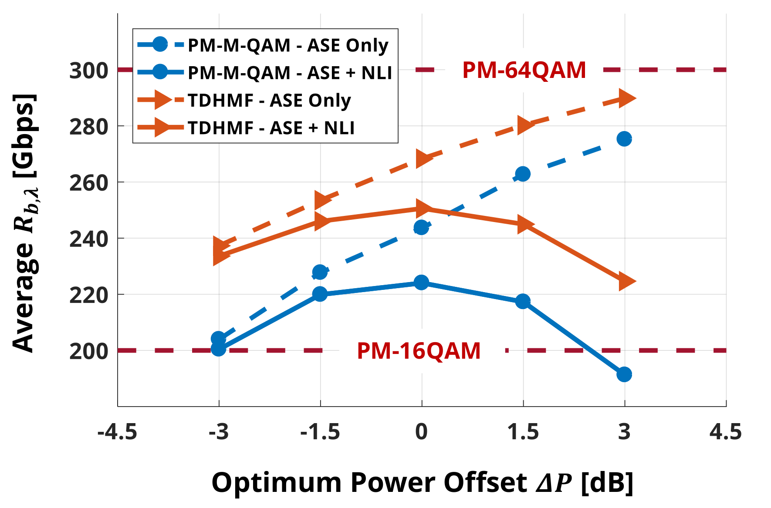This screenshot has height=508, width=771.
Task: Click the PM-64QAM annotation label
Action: (x=524, y=70)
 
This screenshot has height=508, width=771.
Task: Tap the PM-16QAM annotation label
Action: (x=419, y=351)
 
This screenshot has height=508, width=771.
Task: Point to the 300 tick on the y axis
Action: (x=89, y=71)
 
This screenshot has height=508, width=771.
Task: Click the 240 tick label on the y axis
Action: (x=89, y=239)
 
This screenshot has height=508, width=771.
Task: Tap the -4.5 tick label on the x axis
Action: (x=117, y=432)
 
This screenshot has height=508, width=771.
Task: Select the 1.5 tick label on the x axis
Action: (x=523, y=432)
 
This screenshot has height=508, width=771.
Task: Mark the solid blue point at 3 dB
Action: (x=624, y=374)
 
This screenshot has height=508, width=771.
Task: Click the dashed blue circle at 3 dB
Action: (x=624, y=139)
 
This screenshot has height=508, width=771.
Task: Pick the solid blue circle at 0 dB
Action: (x=421, y=283)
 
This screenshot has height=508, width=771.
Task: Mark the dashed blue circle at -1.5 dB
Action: (x=320, y=273)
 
